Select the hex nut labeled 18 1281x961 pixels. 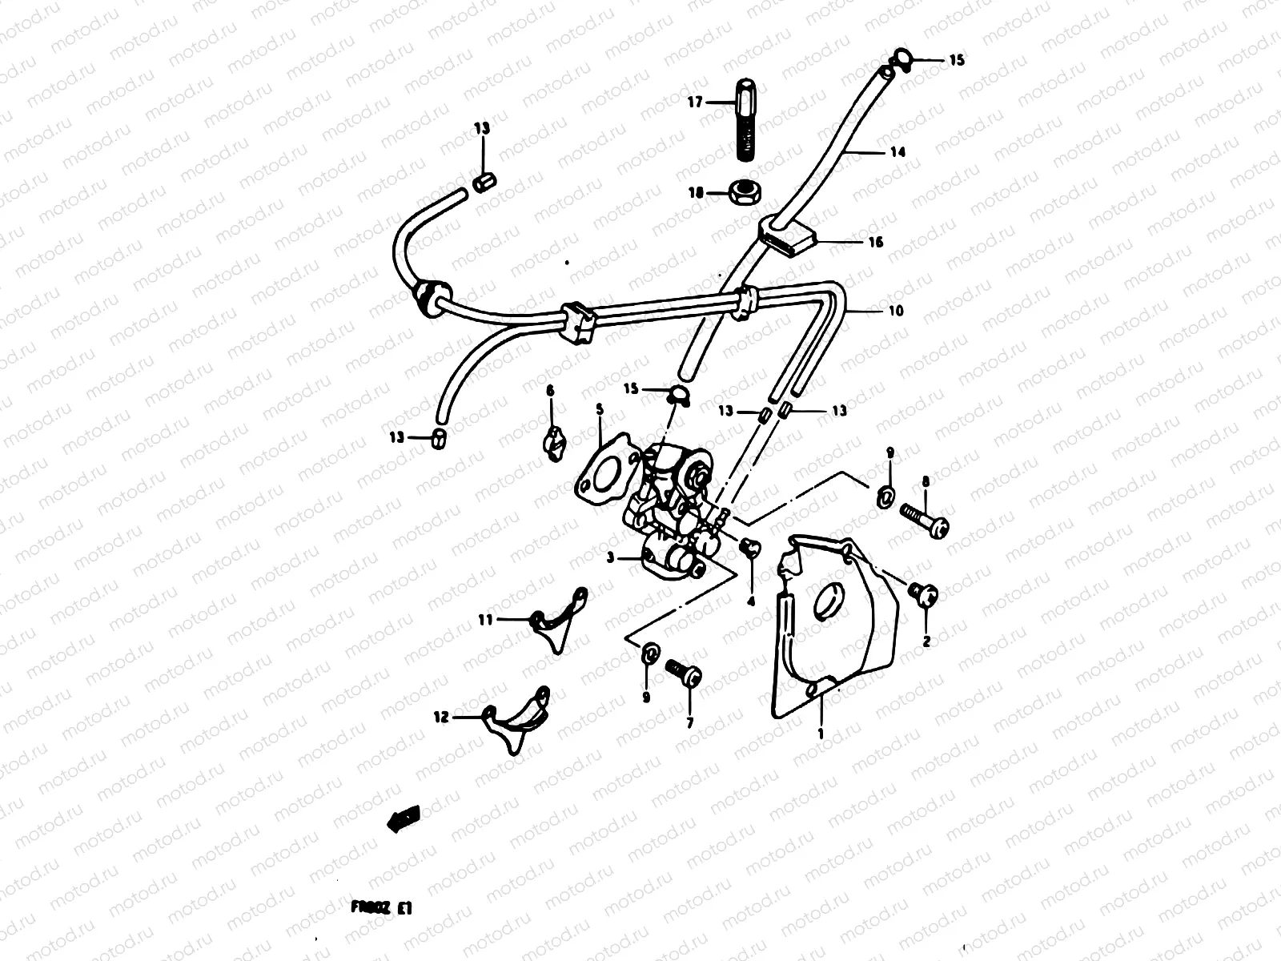pyautogui.click(x=745, y=191)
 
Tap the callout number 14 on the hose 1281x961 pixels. pyautogui.click(x=898, y=151)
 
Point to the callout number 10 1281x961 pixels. pyautogui.click(x=895, y=310)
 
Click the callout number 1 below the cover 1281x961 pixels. pyautogui.click(x=820, y=732)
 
